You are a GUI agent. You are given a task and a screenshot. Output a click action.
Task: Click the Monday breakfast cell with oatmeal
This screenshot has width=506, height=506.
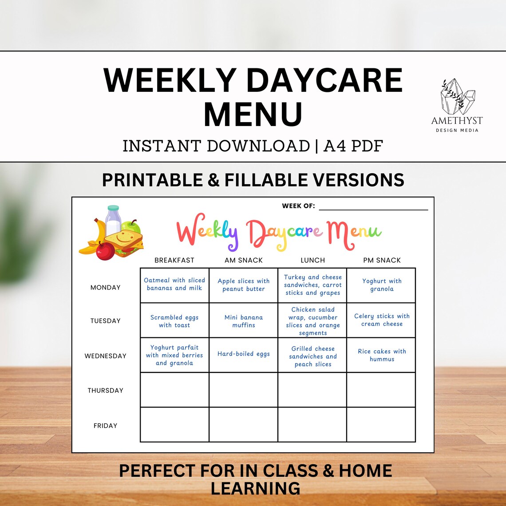(174, 285)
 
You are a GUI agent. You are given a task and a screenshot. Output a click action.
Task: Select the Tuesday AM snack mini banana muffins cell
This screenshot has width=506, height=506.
(243, 321)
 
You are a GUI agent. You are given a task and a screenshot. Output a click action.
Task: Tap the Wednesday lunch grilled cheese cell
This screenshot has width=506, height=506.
(312, 356)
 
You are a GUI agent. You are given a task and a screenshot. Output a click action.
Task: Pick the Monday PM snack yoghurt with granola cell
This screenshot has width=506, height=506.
(382, 285)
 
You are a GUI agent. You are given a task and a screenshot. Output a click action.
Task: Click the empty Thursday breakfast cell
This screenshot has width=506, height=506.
(174, 390)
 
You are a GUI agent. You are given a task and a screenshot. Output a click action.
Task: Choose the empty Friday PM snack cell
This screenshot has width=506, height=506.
(381, 425)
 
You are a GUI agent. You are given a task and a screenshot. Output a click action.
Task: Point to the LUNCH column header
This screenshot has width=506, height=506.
(312, 260)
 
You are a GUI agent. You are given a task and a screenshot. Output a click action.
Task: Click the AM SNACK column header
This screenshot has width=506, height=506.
(243, 260)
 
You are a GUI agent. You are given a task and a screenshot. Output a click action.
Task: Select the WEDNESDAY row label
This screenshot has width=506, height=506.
(106, 356)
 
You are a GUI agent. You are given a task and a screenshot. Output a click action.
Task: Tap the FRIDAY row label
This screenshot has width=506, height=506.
(106, 426)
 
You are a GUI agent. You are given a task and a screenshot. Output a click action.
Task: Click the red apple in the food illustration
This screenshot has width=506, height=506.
(105, 251)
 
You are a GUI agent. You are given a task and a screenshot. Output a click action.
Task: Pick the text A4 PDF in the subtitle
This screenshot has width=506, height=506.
(353, 146)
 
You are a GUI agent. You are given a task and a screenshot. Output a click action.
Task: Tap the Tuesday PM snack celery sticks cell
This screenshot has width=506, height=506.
(382, 320)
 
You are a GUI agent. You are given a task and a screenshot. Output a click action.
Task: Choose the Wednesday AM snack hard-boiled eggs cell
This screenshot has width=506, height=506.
(243, 354)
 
